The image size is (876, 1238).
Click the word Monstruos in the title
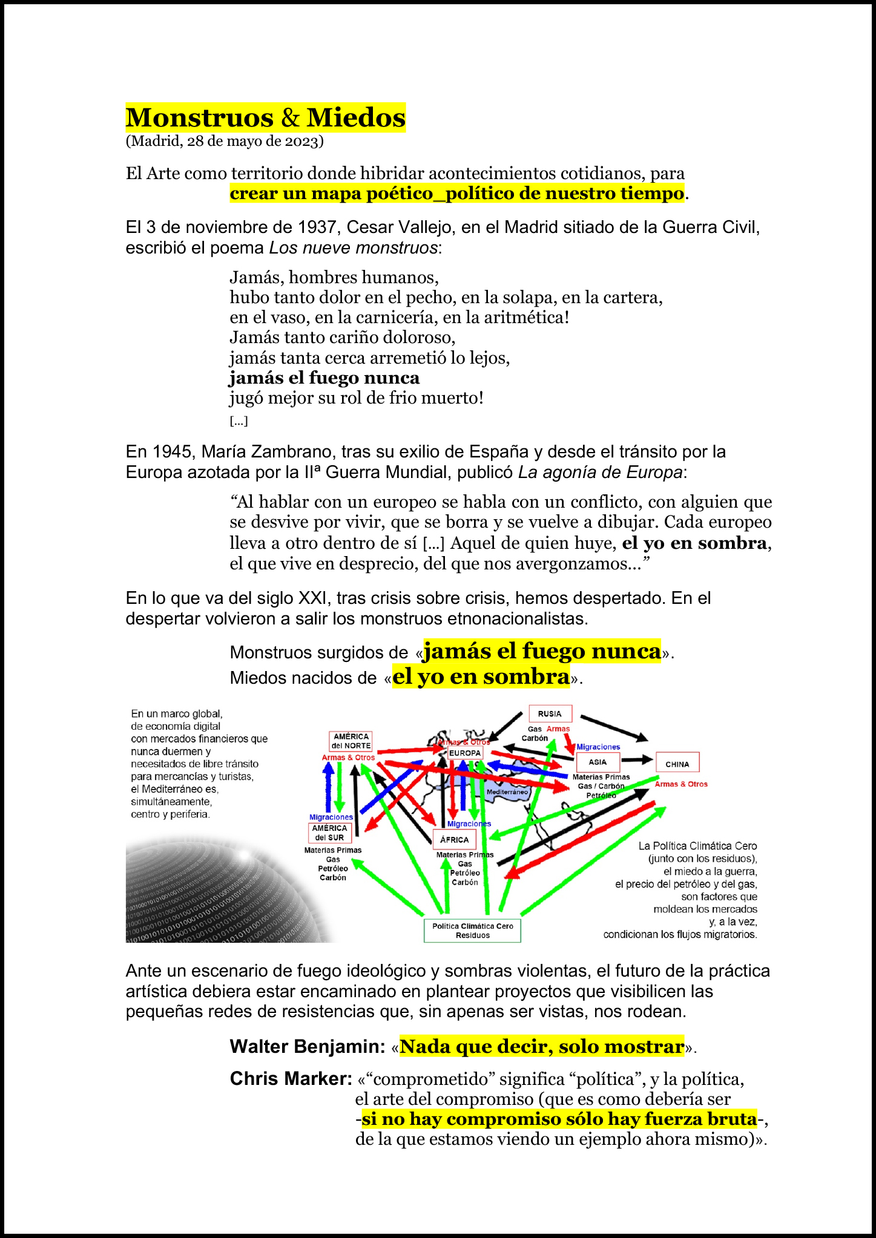tap(200, 117)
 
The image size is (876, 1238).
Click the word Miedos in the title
tap(356, 117)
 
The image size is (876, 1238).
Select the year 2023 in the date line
tap(301, 141)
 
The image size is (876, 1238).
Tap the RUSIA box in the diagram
tap(550, 713)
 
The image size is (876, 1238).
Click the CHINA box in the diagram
tap(677, 764)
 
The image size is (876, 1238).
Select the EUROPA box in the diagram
tap(465, 753)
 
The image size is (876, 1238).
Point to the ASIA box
tap(598, 762)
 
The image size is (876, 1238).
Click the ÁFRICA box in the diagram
tap(454, 839)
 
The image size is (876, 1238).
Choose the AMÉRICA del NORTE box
tap(351, 741)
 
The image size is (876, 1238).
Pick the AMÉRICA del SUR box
tap(329, 833)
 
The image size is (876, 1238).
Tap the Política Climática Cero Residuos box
tap(472, 930)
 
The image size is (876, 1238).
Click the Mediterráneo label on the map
tap(507, 791)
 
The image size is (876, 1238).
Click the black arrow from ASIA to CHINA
tap(637, 759)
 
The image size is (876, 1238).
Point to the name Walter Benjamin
tap(308, 1046)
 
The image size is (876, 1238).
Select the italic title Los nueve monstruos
tap(353, 247)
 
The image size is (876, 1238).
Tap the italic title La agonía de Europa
tap(600, 473)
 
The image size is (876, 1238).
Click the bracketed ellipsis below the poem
tap(239, 421)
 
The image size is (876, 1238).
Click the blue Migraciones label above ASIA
tap(598, 747)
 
